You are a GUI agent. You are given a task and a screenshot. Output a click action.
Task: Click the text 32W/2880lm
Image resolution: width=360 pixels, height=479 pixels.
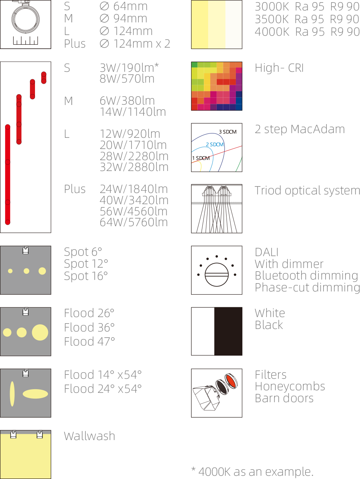coord(134,167)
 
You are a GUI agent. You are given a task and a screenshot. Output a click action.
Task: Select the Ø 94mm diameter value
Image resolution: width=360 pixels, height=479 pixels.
coord(123,18)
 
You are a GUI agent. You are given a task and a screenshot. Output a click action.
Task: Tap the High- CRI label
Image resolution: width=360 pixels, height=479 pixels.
coord(279,68)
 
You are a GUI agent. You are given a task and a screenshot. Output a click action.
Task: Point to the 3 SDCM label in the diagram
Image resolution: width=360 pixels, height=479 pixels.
coord(228,132)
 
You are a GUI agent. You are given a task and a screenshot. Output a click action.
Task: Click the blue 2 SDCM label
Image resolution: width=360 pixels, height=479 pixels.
coord(215,145)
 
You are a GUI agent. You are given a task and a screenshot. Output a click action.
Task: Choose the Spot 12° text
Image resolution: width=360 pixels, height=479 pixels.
coord(86,264)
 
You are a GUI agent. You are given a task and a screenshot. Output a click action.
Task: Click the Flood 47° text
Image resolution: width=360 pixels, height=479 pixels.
coord(89,342)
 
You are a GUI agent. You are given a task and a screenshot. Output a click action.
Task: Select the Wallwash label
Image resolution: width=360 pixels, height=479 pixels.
coord(89,436)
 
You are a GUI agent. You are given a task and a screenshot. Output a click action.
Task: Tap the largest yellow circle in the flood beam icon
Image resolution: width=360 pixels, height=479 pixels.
coord(40,332)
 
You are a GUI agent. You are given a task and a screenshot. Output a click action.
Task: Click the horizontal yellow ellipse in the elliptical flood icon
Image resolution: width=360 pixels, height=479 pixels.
coord(35,394)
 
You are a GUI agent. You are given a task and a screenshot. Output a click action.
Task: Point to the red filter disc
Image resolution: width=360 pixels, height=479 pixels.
coord(231,381)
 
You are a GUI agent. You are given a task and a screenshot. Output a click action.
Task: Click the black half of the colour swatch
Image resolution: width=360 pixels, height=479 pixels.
coord(228,331)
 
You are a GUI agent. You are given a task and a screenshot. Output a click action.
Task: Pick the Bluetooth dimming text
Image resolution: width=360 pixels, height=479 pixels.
coord(306,276)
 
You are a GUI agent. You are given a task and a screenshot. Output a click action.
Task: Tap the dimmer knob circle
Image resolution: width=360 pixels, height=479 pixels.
coord(217,275)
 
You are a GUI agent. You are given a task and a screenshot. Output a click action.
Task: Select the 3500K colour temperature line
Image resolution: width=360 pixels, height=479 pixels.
coord(307,19)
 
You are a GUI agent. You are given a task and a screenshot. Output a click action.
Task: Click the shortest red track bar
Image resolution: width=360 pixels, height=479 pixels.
coord(44,78)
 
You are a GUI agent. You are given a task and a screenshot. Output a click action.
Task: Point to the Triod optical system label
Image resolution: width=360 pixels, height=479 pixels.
coord(307,190)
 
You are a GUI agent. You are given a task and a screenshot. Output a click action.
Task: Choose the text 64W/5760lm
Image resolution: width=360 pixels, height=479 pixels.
coord(134,223)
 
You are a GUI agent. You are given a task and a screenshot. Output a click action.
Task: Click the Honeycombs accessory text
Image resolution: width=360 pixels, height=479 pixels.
coord(290,386)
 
